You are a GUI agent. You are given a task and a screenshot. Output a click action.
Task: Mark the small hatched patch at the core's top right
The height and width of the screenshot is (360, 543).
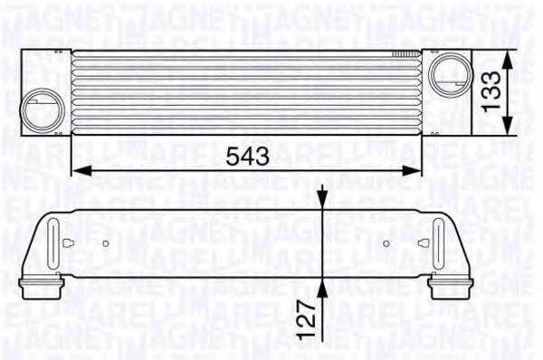tap(400, 55)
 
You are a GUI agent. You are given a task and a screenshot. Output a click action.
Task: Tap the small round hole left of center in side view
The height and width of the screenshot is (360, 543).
tap(106, 243)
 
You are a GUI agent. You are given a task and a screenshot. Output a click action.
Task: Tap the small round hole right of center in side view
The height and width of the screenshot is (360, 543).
tap(386, 243)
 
